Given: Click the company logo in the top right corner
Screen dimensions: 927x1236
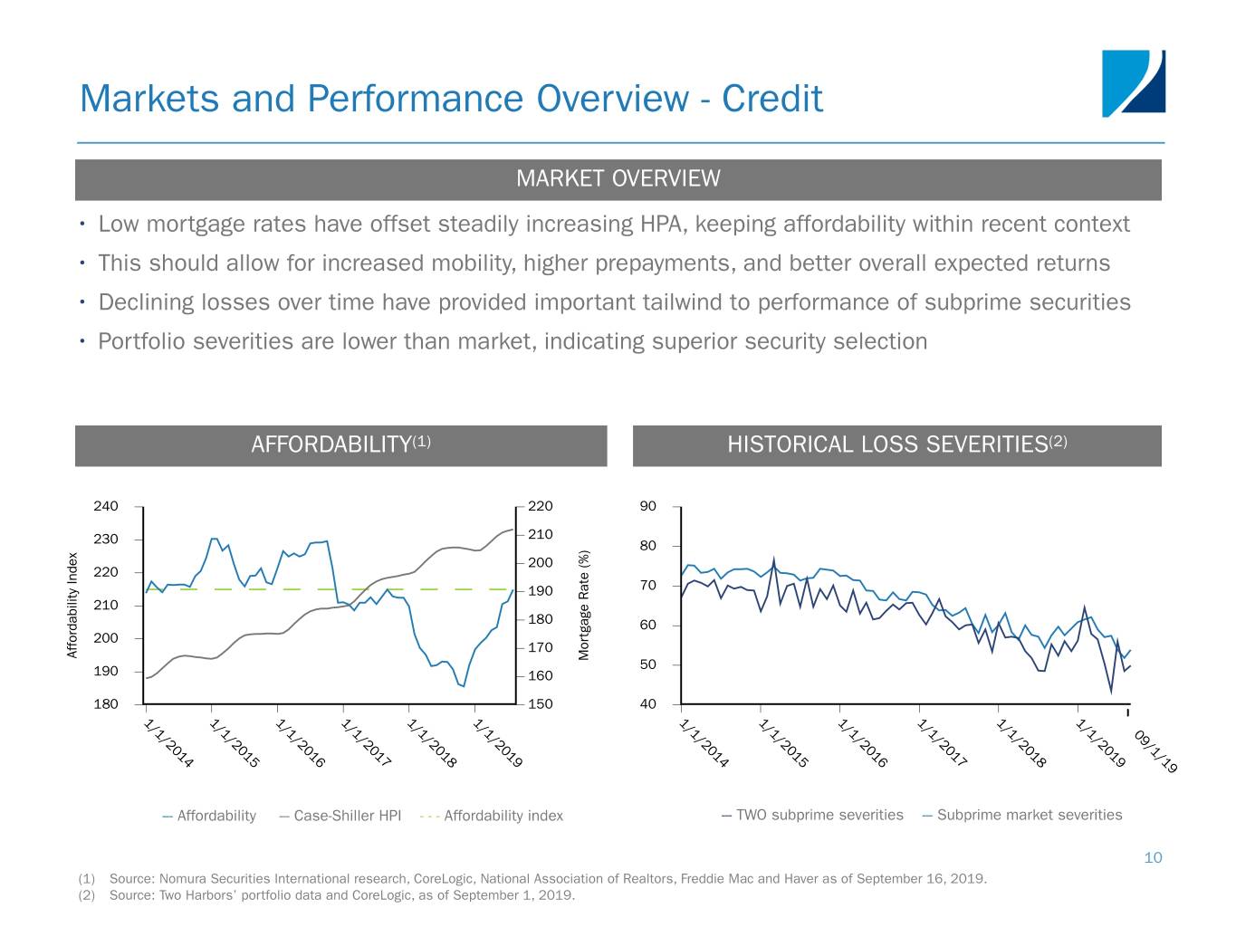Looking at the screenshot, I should click(x=1133, y=83).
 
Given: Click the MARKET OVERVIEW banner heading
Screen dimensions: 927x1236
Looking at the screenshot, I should click(x=618, y=178).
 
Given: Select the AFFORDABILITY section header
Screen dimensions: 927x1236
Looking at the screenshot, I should click(x=340, y=444).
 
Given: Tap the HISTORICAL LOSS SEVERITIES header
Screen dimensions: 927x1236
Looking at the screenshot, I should click(x=896, y=444).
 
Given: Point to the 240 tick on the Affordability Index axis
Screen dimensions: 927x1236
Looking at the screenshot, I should click(x=106, y=506).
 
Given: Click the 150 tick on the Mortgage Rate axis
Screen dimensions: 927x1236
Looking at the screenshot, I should click(x=540, y=704).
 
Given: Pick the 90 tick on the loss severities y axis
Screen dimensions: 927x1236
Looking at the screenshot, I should click(x=647, y=506).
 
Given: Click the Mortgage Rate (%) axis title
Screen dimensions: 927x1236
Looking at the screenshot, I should click(x=584, y=605).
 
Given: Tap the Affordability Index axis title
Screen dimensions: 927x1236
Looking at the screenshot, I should click(x=72, y=605).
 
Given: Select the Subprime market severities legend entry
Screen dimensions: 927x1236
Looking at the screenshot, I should click(x=1029, y=815).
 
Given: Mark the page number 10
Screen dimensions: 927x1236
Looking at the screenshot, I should click(x=1153, y=857).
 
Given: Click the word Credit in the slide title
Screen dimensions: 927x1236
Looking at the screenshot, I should click(x=772, y=98).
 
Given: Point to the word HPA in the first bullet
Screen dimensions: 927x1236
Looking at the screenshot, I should click(x=662, y=224).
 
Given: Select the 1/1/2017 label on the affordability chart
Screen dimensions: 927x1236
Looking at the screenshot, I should click(x=366, y=743).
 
